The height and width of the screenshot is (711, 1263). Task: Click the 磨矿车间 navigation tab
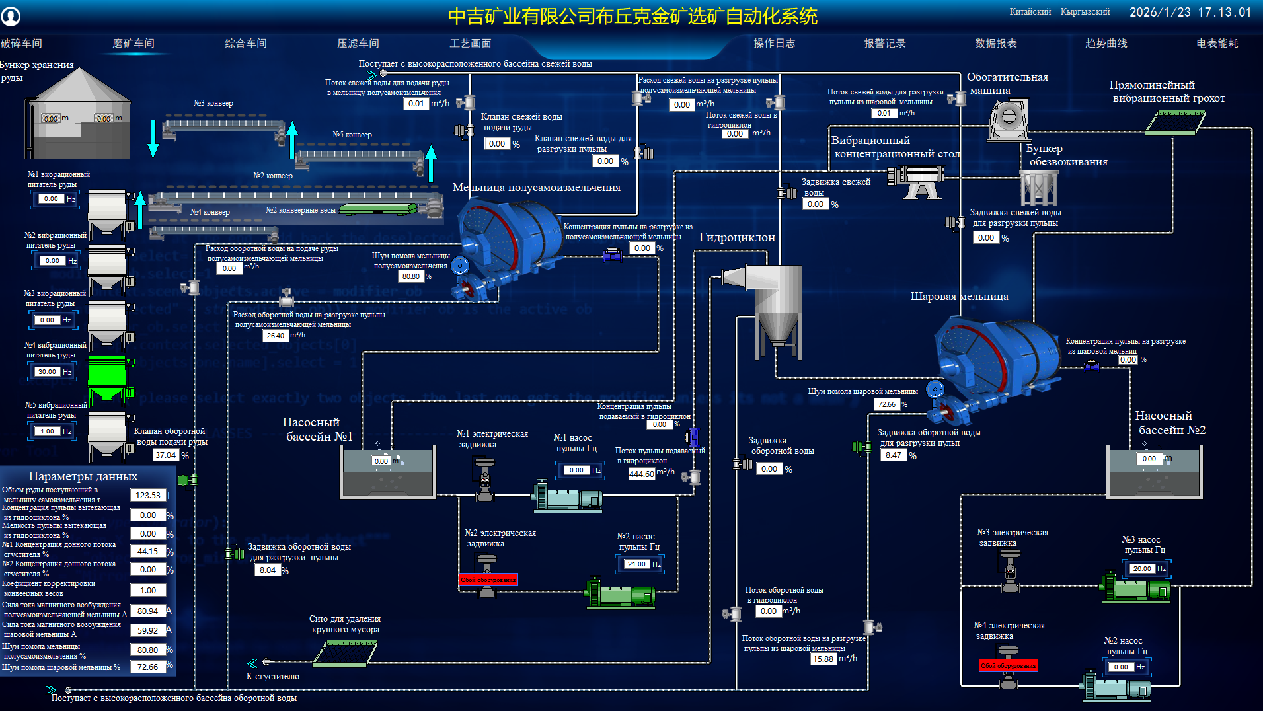(134, 44)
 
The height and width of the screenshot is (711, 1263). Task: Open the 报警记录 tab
(884, 44)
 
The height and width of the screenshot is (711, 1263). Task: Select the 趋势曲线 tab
(1106, 44)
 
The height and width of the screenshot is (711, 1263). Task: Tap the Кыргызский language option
(1085, 12)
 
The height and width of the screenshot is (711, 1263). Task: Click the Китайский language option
(1030, 12)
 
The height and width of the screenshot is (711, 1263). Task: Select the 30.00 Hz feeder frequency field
(48, 372)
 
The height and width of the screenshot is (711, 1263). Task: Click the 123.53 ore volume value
(148, 495)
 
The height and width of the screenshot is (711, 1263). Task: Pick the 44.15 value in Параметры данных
(148, 551)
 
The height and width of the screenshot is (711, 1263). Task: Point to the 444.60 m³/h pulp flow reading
(641, 474)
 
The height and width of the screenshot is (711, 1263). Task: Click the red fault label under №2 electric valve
(488, 580)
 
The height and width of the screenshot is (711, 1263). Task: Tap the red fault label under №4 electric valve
(1008, 665)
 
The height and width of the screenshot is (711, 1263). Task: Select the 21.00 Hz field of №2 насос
(637, 564)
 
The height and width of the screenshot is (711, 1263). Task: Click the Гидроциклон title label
(737, 237)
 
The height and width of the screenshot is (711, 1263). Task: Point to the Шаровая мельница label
(959, 297)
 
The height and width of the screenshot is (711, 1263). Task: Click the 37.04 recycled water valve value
(166, 455)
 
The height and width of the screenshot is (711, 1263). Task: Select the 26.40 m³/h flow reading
(276, 336)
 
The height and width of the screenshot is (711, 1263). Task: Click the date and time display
(1190, 13)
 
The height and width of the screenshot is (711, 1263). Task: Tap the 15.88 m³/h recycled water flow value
(823, 659)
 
